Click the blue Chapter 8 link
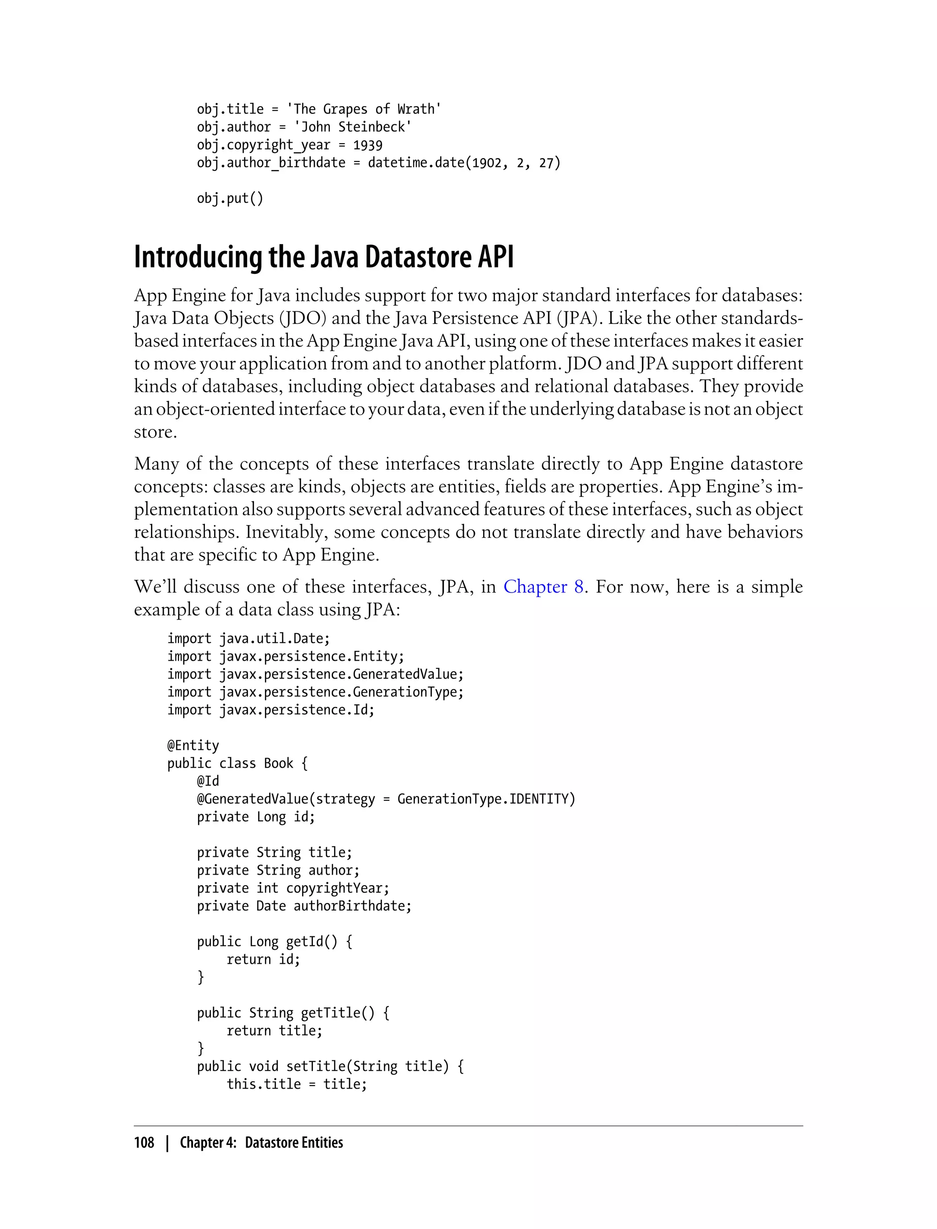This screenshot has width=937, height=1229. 543,587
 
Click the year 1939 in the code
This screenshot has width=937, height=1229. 367,145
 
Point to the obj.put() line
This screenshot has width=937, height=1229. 230,199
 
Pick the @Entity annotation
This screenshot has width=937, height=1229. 193,746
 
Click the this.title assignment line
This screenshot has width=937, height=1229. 297,1085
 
